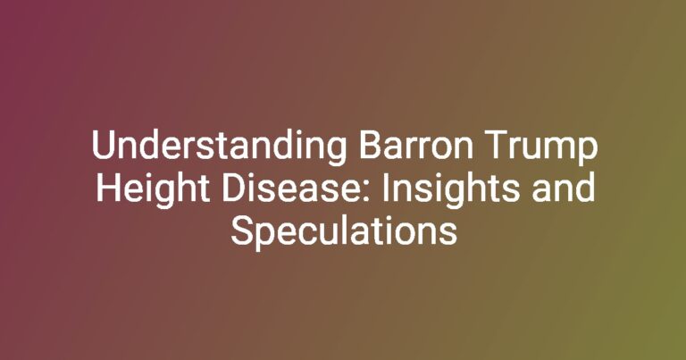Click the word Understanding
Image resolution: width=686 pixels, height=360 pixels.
click(x=220, y=147)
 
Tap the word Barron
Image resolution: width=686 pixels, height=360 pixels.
click(x=415, y=146)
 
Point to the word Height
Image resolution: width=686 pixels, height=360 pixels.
click(x=153, y=190)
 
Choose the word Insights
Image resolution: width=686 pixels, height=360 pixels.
click(x=451, y=190)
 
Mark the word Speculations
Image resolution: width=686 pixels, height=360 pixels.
click(x=344, y=232)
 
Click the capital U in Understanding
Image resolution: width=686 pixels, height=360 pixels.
click(x=103, y=146)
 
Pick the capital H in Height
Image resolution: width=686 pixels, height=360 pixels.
click(x=107, y=188)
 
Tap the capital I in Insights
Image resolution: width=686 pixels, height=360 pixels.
click(x=385, y=188)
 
